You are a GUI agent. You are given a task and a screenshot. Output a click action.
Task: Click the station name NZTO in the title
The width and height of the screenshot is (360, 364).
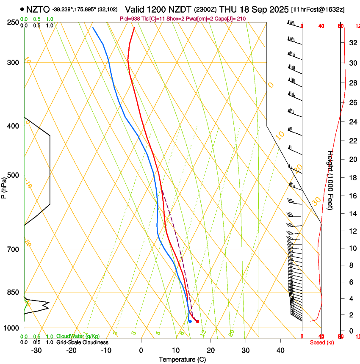point(38,9)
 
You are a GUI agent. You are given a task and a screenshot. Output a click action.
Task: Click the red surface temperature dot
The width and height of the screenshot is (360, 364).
point(197,322)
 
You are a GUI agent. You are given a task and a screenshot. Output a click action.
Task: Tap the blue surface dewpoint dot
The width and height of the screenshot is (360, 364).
point(190,321)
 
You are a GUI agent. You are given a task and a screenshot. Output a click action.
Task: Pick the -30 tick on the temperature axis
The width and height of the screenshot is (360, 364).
point(36,350)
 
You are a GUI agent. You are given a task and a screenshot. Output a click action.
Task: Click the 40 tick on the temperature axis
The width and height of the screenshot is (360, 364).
point(280,350)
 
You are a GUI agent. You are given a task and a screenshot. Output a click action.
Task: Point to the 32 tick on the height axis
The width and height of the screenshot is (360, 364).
point(352,43)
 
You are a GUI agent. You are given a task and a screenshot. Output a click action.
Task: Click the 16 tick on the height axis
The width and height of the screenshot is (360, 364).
point(352,196)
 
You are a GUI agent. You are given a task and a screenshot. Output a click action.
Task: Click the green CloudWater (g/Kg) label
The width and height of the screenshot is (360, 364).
point(78,336)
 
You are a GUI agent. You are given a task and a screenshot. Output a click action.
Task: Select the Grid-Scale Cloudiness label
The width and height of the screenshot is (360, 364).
point(82,342)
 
